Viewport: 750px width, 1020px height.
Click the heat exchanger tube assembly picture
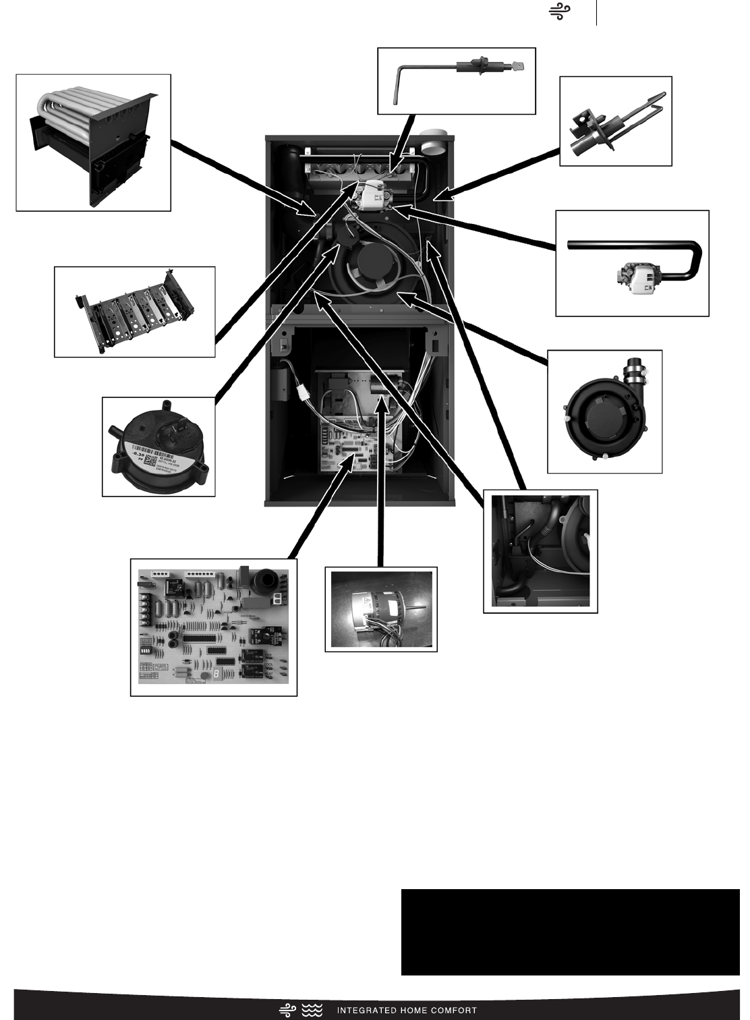pyautogui.click(x=93, y=143)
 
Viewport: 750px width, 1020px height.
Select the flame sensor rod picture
pyautogui.click(x=456, y=81)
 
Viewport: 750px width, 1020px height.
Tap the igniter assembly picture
pyautogui.click(x=615, y=121)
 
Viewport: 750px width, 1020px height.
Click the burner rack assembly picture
pyautogui.click(x=134, y=312)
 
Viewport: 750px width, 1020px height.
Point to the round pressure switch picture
pyautogui.click(x=158, y=447)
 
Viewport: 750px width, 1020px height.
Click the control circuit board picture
pyautogui.click(x=213, y=627)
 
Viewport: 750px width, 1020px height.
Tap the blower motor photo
pyautogui.click(x=381, y=609)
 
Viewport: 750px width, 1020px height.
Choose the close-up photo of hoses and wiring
pyautogui.click(x=540, y=551)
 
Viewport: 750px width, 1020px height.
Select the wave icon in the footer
pyautogui.click(x=312, y=1010)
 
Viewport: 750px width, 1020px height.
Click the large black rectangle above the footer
pyautogui.click(x=570, y=932)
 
